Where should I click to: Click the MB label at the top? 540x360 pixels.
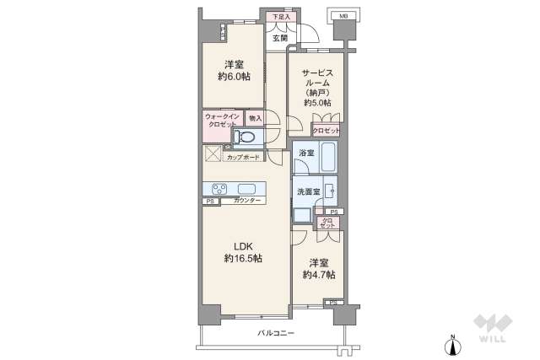343,16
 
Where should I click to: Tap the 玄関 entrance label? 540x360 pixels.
280,39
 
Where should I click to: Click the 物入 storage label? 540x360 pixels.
255,119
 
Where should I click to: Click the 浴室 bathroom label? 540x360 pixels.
305,153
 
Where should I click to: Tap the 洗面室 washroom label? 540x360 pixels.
308,192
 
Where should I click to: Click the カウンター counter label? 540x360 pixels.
248,201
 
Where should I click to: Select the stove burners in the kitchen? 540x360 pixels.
219,189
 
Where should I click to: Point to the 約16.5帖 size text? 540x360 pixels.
242,258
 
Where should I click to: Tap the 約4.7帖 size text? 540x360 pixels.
319,275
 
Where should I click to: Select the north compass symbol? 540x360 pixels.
453,344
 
